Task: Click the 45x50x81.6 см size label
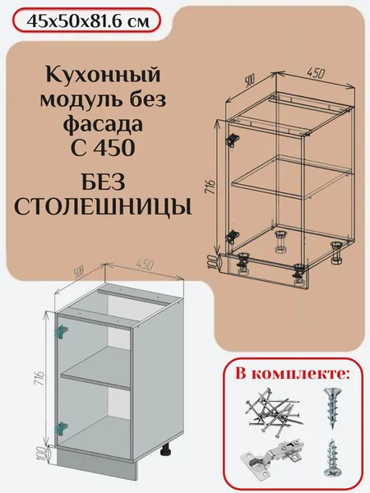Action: click(89, 21)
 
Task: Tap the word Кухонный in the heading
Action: click(104, 75)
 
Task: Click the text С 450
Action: click(104, 147)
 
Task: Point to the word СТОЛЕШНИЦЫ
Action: click(104, 208)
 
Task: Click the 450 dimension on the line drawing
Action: click(315, 73)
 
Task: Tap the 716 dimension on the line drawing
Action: click(210, 187)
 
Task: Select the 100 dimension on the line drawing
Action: click(213, 262)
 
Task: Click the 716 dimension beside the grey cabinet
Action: click(40, 379)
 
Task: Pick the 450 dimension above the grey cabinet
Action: click(145, 265)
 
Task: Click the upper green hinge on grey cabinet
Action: click(62, 332)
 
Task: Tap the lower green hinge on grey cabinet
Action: click(62, 429)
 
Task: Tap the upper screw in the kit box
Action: click(331, 408)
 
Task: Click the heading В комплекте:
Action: click(293, 374)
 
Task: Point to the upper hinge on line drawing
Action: click(232, 140)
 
